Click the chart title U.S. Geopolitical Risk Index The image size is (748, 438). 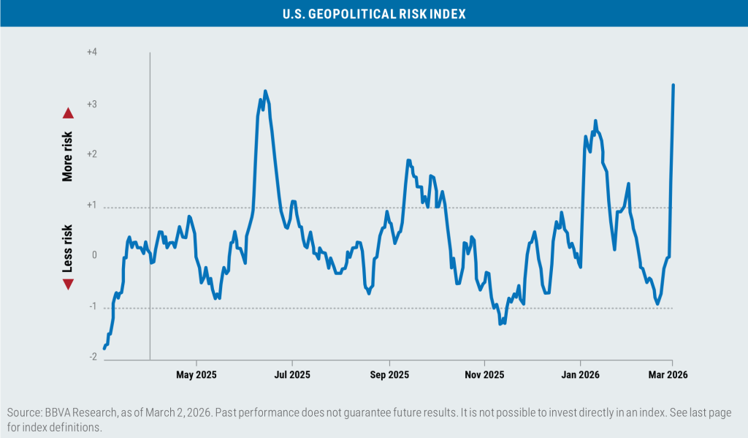click(x=373, y=14)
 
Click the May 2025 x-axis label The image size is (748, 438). click(x=196, y=375)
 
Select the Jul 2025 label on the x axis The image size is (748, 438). click(x=292, y=375)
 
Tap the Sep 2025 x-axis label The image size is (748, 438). click(x=389, y=375)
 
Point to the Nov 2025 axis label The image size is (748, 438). click(x=484, y=375)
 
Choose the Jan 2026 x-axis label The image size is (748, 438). click(x=580, y=375)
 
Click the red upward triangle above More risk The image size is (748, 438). click(x=68, y=113)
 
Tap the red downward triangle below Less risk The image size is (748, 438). click(x=68, y=284)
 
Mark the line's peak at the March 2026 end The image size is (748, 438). click(x=673, y=86)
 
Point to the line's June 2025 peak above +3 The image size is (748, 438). click(x=265, y=91)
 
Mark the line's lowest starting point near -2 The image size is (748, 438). click(x=104, y=348)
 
